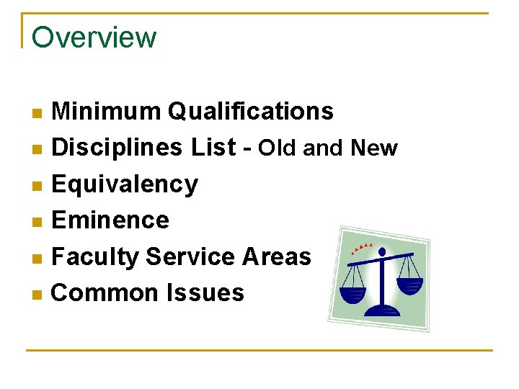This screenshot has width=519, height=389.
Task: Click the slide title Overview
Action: click(x=94, y=37)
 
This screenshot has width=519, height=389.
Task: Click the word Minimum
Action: click(x=107, y=112)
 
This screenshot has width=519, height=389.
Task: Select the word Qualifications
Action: click(x=250, y=112)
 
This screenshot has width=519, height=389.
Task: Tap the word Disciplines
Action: click(x=118, y=148)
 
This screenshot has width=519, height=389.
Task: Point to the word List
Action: click(x=213, y=148)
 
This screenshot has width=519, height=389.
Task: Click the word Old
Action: click(x=278, y=148)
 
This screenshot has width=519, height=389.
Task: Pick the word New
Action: click(x=373, y=148)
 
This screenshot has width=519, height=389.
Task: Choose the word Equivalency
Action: click(x=125, y=184)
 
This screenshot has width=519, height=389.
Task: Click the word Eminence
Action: click(x=110, y=220)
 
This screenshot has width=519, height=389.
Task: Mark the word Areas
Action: click(x=276, y=256)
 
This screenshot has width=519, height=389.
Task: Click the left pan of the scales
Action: click(x=353, y=294)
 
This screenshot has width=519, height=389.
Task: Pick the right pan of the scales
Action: click(x=409, y=285)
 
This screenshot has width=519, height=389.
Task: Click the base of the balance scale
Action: click(x=382, y=310)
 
